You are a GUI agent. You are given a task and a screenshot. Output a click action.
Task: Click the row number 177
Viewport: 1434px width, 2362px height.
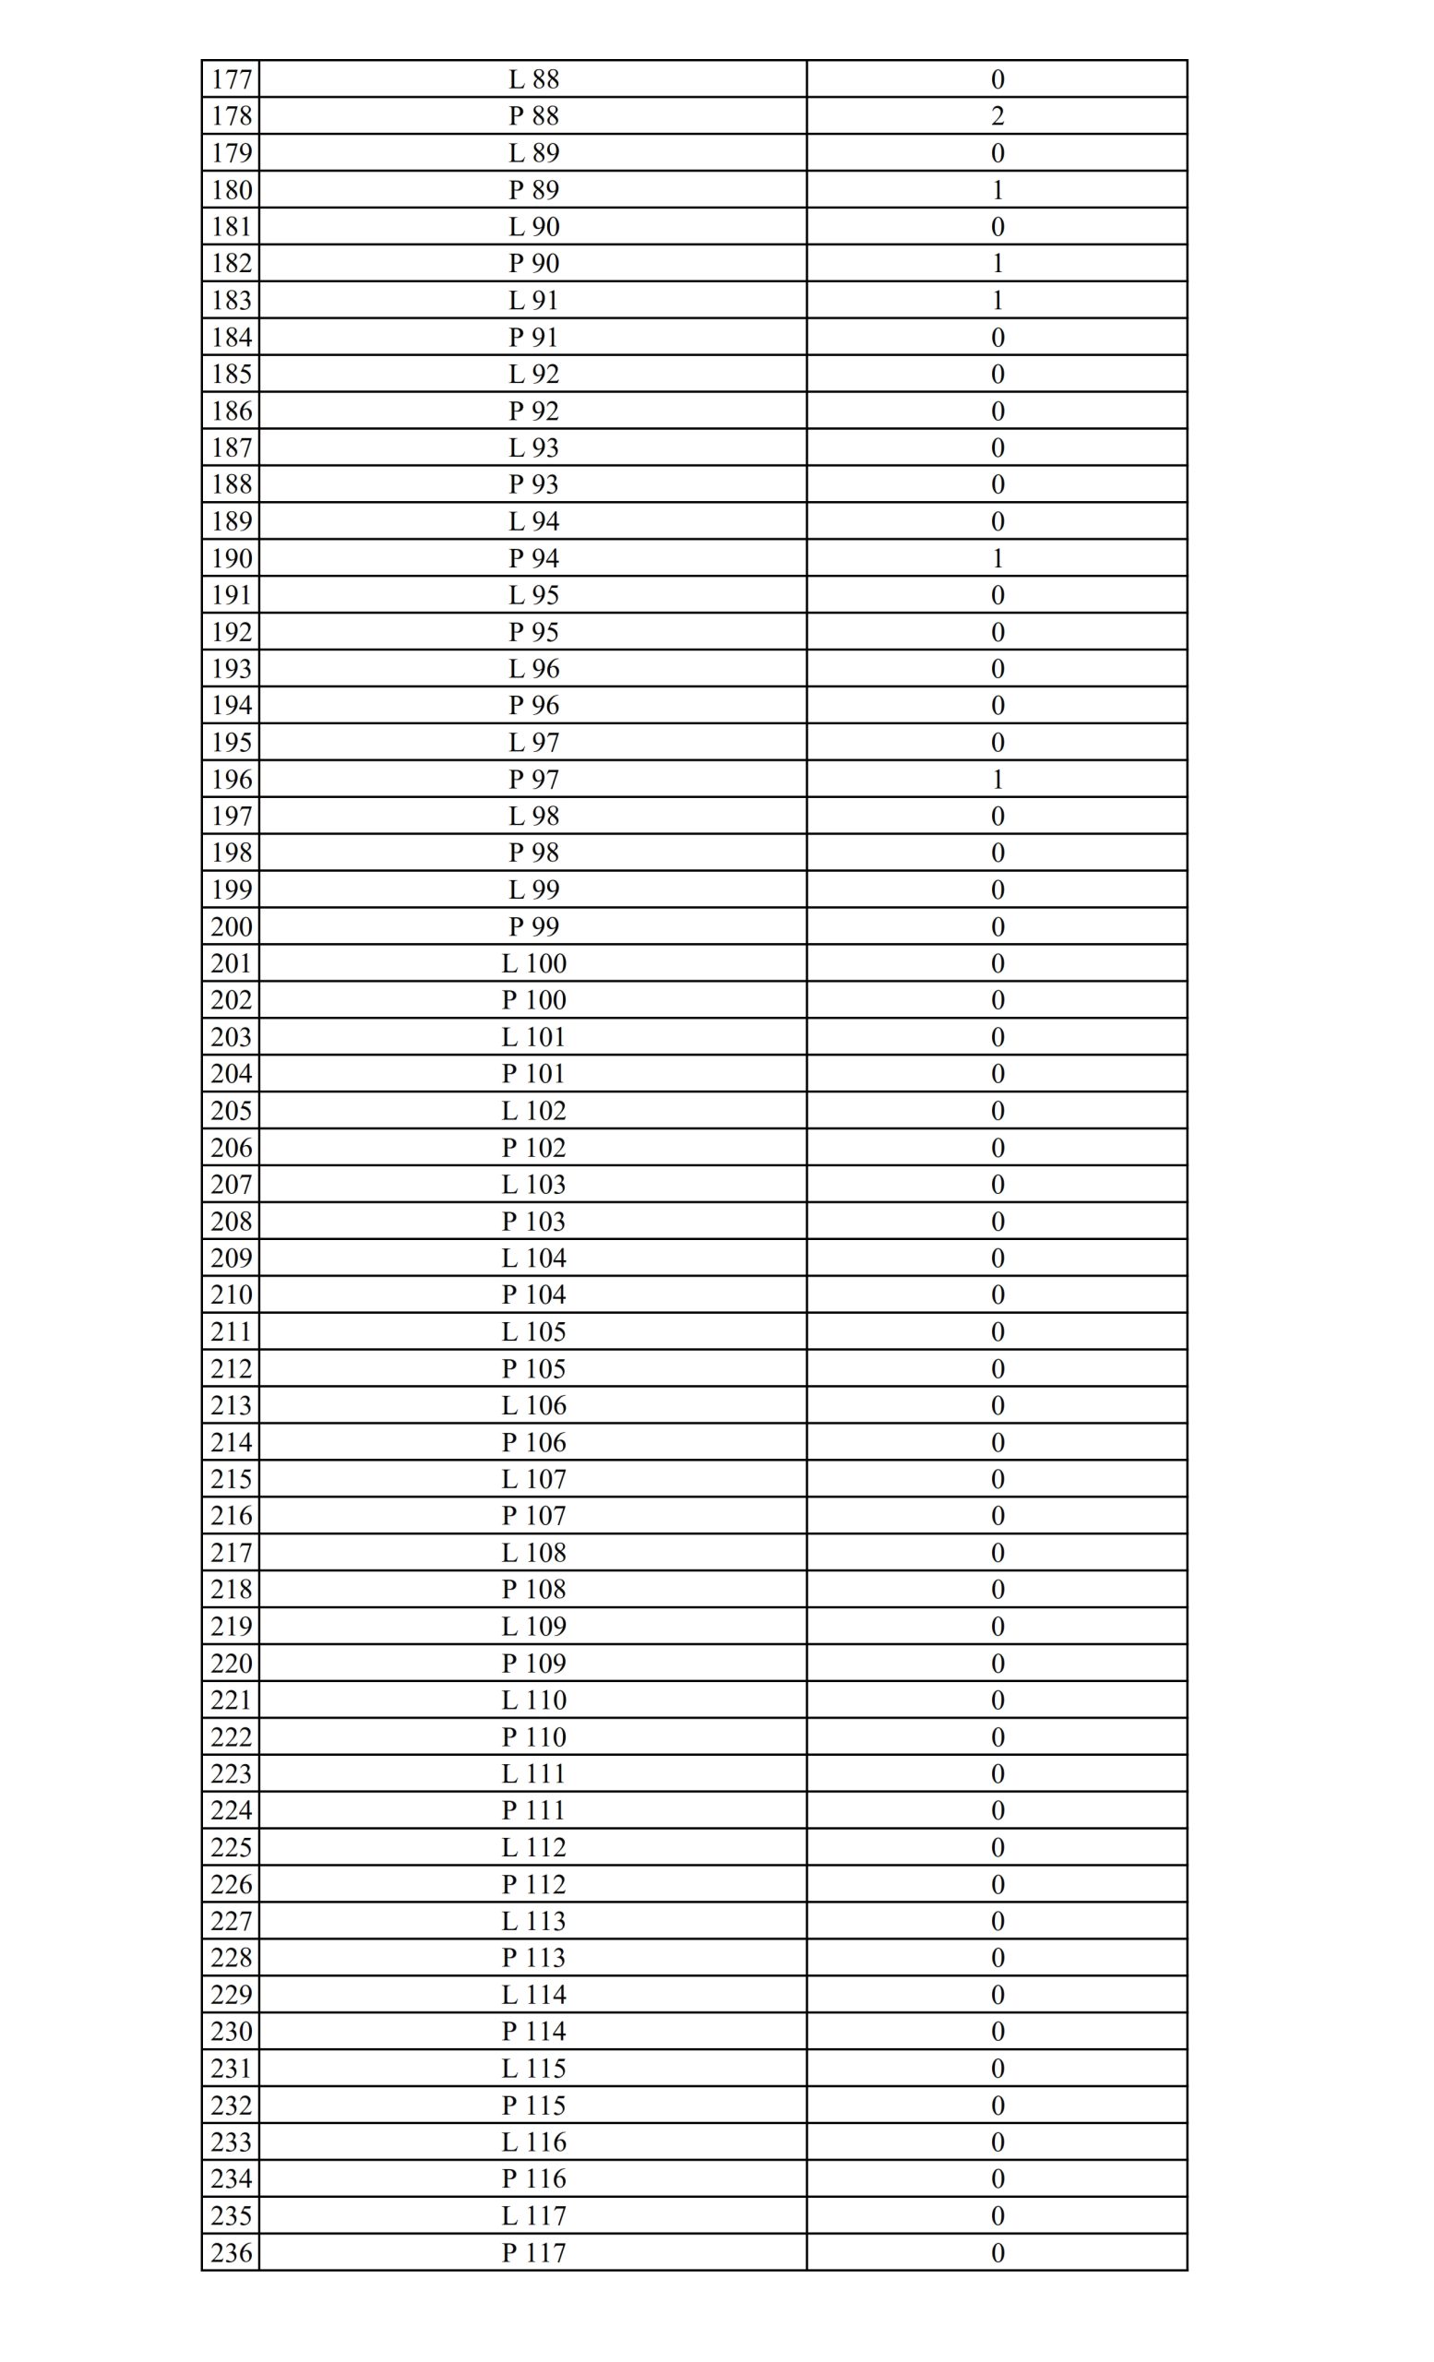point(231,78)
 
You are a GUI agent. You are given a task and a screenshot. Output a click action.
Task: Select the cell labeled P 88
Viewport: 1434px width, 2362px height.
point(533,116)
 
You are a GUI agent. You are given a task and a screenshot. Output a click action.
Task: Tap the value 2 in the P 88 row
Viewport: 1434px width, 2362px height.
point(997,116)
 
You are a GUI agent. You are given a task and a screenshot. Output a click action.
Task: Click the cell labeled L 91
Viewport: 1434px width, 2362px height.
point(533,300)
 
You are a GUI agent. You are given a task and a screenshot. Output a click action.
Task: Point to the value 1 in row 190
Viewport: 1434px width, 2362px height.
point(997,558)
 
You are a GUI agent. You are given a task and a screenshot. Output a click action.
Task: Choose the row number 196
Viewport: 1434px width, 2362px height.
point(231,780)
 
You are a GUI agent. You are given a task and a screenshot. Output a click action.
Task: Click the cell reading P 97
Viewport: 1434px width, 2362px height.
point(533,780)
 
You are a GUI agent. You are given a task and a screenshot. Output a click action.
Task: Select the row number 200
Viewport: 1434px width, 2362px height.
point(231,927)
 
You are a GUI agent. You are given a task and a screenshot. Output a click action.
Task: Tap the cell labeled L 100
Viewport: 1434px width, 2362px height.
point(533,963)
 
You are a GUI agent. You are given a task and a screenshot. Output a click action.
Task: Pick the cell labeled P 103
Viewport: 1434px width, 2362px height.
point(533,1222)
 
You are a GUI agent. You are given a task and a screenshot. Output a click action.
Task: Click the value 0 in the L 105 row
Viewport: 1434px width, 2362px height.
point(997,1331)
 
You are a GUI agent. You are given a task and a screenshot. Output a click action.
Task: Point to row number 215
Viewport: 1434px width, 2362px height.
point(231,1479)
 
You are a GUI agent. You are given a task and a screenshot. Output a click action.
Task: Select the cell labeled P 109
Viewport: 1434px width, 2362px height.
point(533,1664)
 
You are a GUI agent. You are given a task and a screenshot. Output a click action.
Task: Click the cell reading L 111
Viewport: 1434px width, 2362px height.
point(533,1773)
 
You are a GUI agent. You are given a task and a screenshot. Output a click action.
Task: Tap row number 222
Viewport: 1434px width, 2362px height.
point(231,1737)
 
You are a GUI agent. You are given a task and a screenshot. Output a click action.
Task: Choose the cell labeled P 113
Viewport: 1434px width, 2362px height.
point(533,1958)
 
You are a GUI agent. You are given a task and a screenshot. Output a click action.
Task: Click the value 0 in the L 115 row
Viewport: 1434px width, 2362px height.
point(997,2069)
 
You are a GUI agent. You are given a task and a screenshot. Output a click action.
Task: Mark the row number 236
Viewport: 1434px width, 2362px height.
point(231,2253)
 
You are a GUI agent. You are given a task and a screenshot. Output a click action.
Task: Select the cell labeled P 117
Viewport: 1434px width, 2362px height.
point(533,2253)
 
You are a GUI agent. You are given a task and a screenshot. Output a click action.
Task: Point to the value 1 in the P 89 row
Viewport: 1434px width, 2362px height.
point(997,190)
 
